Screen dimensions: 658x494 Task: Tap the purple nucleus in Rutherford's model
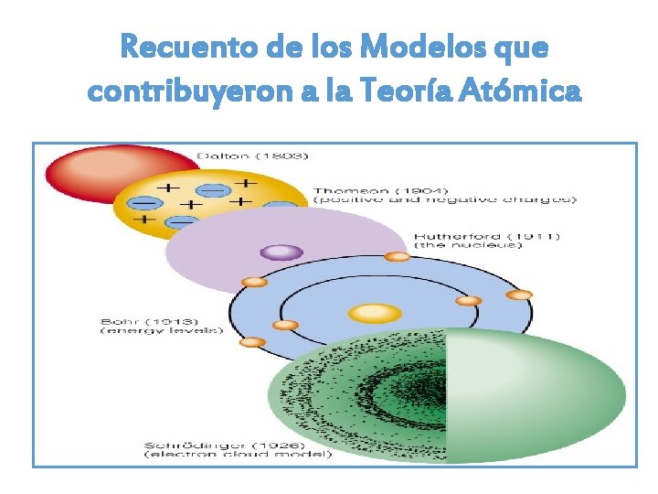281,252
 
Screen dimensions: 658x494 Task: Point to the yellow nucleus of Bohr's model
375,314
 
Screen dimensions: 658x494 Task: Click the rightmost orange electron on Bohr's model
519,295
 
